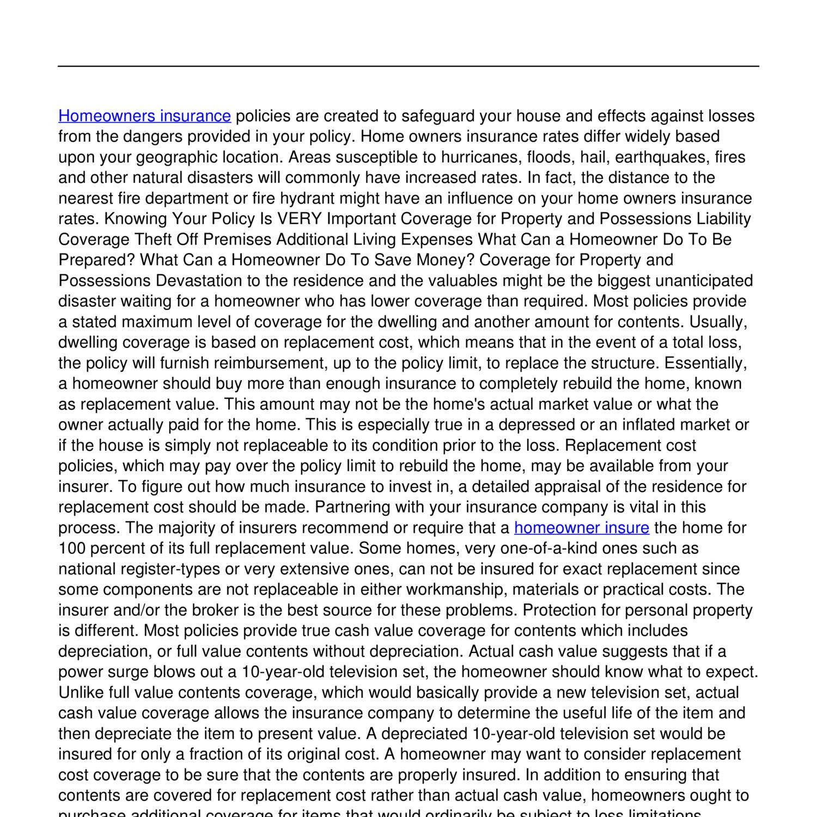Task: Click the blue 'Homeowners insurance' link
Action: pyautogui.click(x=144, y=116)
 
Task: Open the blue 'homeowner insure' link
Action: pyautogui.click(x=581, y=528)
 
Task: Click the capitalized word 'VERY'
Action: pyautogui.click(x=299, y=219)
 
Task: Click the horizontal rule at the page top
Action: pyautogui.click(x=408, y=66)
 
